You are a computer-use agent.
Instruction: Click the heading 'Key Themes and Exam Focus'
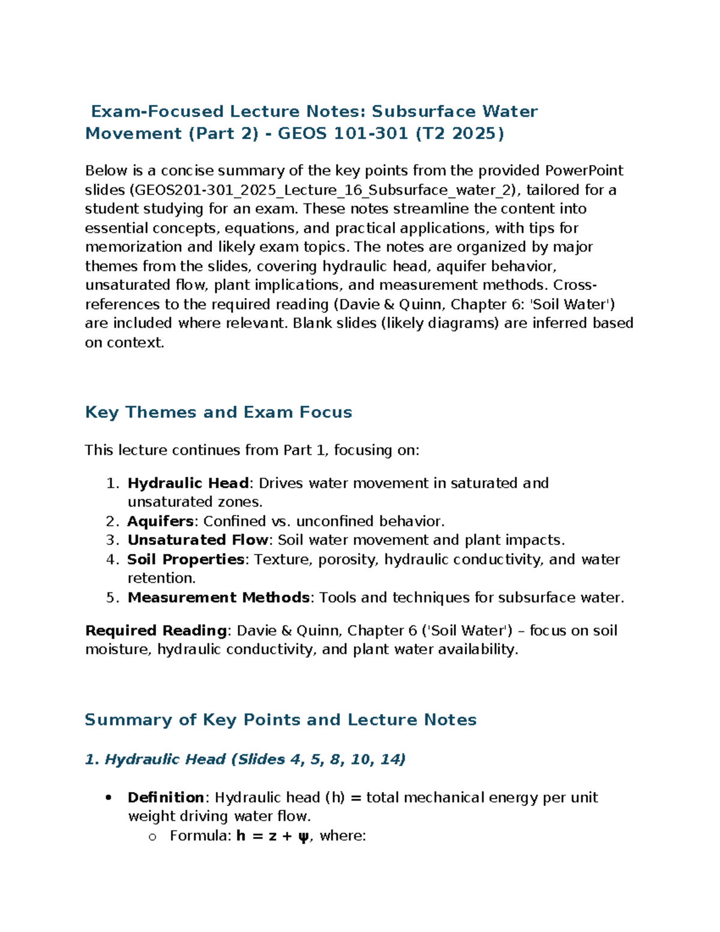point(218,412)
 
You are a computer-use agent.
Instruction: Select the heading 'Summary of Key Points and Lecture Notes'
point(280,720)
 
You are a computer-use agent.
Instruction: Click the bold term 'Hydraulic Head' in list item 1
point(188,483)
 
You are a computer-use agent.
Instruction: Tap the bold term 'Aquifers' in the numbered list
point(160,521)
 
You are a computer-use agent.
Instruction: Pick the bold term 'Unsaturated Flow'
point(197,540)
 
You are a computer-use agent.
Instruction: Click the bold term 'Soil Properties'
point(185,559)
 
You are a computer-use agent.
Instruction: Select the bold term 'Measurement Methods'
point(218,598)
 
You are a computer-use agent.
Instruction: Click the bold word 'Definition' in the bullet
point(166,798)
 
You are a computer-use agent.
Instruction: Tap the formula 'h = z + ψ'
point(272,836)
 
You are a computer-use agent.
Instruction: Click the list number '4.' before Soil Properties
point(113,559)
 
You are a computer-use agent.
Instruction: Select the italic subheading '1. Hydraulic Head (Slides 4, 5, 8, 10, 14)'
point(245,759)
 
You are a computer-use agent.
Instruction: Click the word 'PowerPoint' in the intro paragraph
point(584,171)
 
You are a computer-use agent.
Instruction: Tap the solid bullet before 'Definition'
point(109,798)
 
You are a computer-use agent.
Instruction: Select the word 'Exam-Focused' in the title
point(157,112)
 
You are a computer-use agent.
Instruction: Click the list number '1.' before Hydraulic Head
point(113,483)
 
